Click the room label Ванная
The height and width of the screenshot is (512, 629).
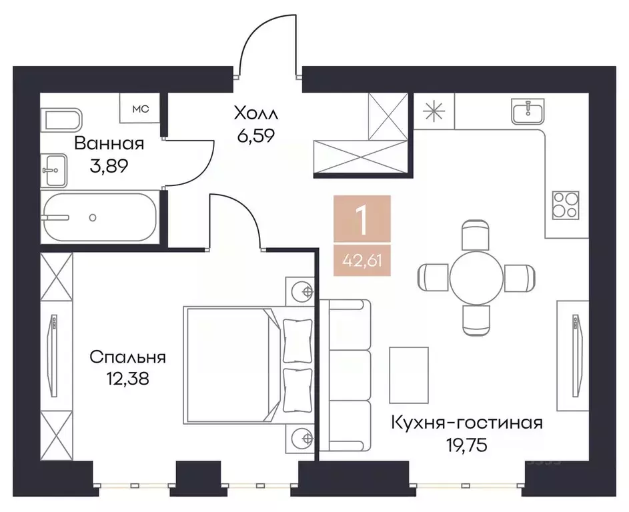[109, 143]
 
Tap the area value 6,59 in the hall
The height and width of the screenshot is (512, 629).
[255, 136]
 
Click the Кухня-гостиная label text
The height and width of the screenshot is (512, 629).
[466, 423]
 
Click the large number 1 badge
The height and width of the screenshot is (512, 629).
[362, 221]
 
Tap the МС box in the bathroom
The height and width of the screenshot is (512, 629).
[139, 108]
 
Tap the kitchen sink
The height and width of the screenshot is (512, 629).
[530, 111]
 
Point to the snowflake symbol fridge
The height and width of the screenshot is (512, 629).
[434, 110]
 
